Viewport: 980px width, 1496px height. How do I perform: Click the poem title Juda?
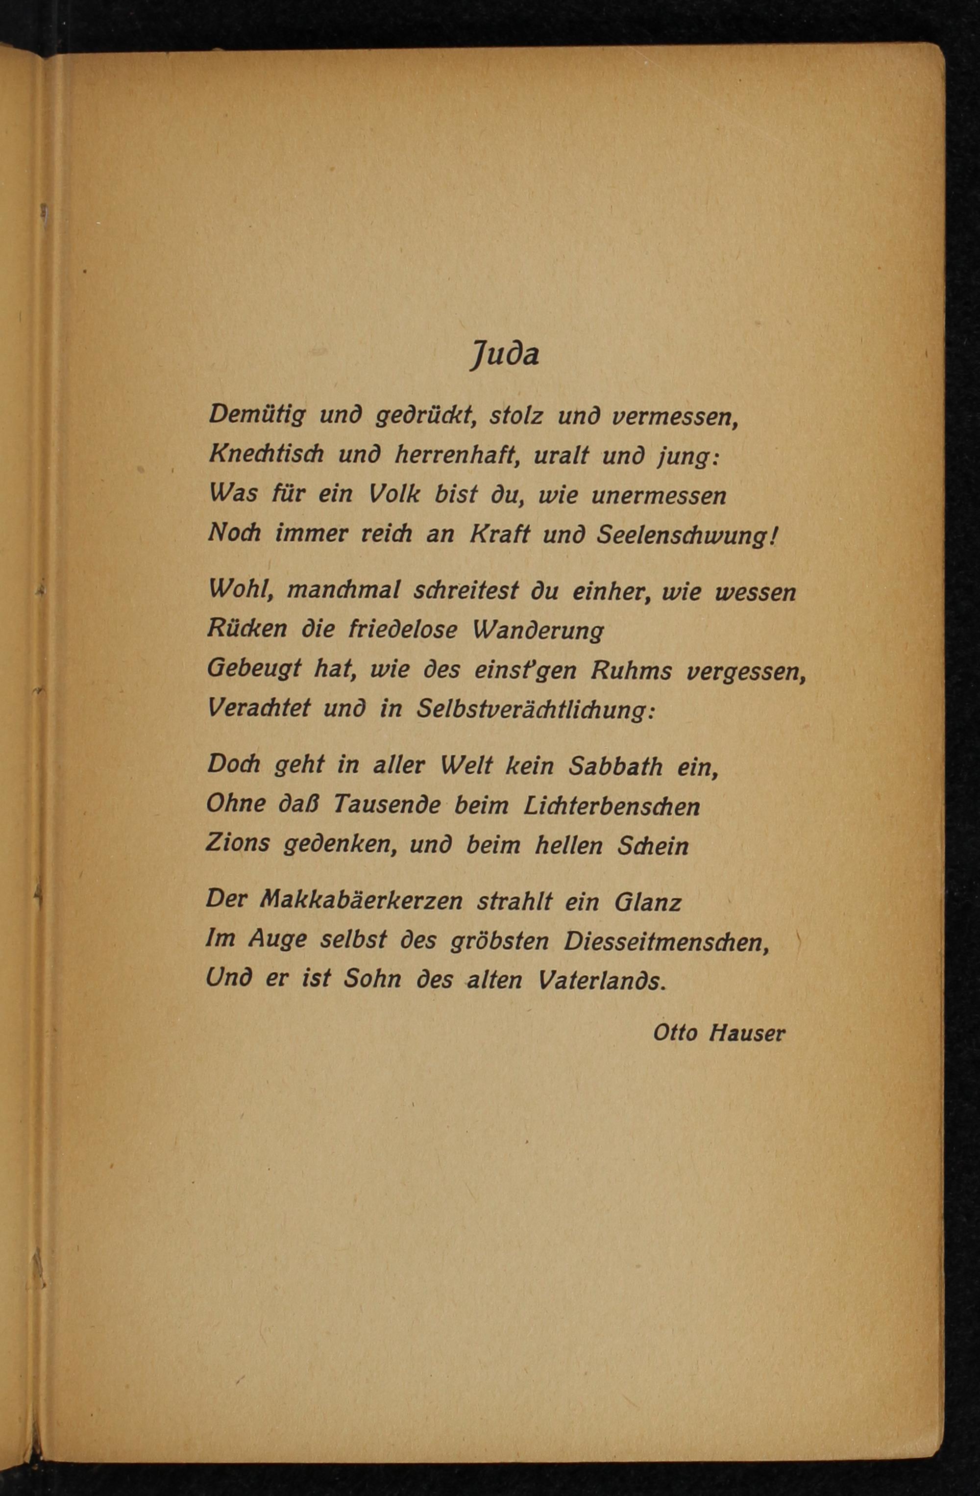(x=504, y=355)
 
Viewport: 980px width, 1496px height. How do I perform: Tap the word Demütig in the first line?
(x=257, y=415)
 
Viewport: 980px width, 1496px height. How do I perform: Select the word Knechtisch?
(x=266, y=454)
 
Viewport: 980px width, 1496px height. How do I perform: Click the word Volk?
(x=394, y=494)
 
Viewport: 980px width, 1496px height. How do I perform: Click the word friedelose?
(x=403, y=630)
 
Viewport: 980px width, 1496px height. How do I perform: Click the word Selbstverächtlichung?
(x=536, y=710)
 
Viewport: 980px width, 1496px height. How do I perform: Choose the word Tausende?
(x=386, y=805)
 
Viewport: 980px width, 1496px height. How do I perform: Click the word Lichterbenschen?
(x=612, y=805)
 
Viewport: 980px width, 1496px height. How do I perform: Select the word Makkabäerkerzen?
(x=361, y=901)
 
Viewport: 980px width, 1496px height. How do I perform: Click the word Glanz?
(x=648, y=902)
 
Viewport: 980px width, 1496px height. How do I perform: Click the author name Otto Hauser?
(x=719, y=1033)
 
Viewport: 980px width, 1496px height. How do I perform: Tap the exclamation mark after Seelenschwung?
(x=774, y=534)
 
